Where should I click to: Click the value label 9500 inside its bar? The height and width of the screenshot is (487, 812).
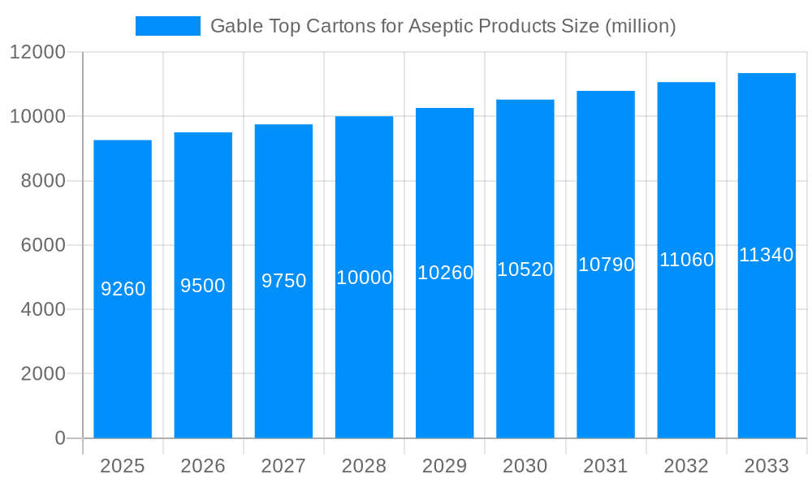pos(203,286)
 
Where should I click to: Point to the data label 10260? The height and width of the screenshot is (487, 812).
pos(445,273)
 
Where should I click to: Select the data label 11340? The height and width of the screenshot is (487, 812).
pos(767,255)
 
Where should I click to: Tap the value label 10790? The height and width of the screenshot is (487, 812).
pos(606,265)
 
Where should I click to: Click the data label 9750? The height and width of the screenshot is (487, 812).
pos(283,281)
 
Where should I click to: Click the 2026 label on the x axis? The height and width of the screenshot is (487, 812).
pos(203,466)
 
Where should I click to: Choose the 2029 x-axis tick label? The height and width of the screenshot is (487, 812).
pos(445,466)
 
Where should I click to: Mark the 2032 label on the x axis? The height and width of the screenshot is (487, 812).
pos(686,466)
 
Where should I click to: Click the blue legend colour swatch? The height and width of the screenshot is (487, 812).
pos(168,26)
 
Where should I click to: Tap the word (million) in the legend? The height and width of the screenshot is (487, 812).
pos(640,26)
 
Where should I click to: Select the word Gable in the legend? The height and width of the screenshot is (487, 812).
pos(235,26)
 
